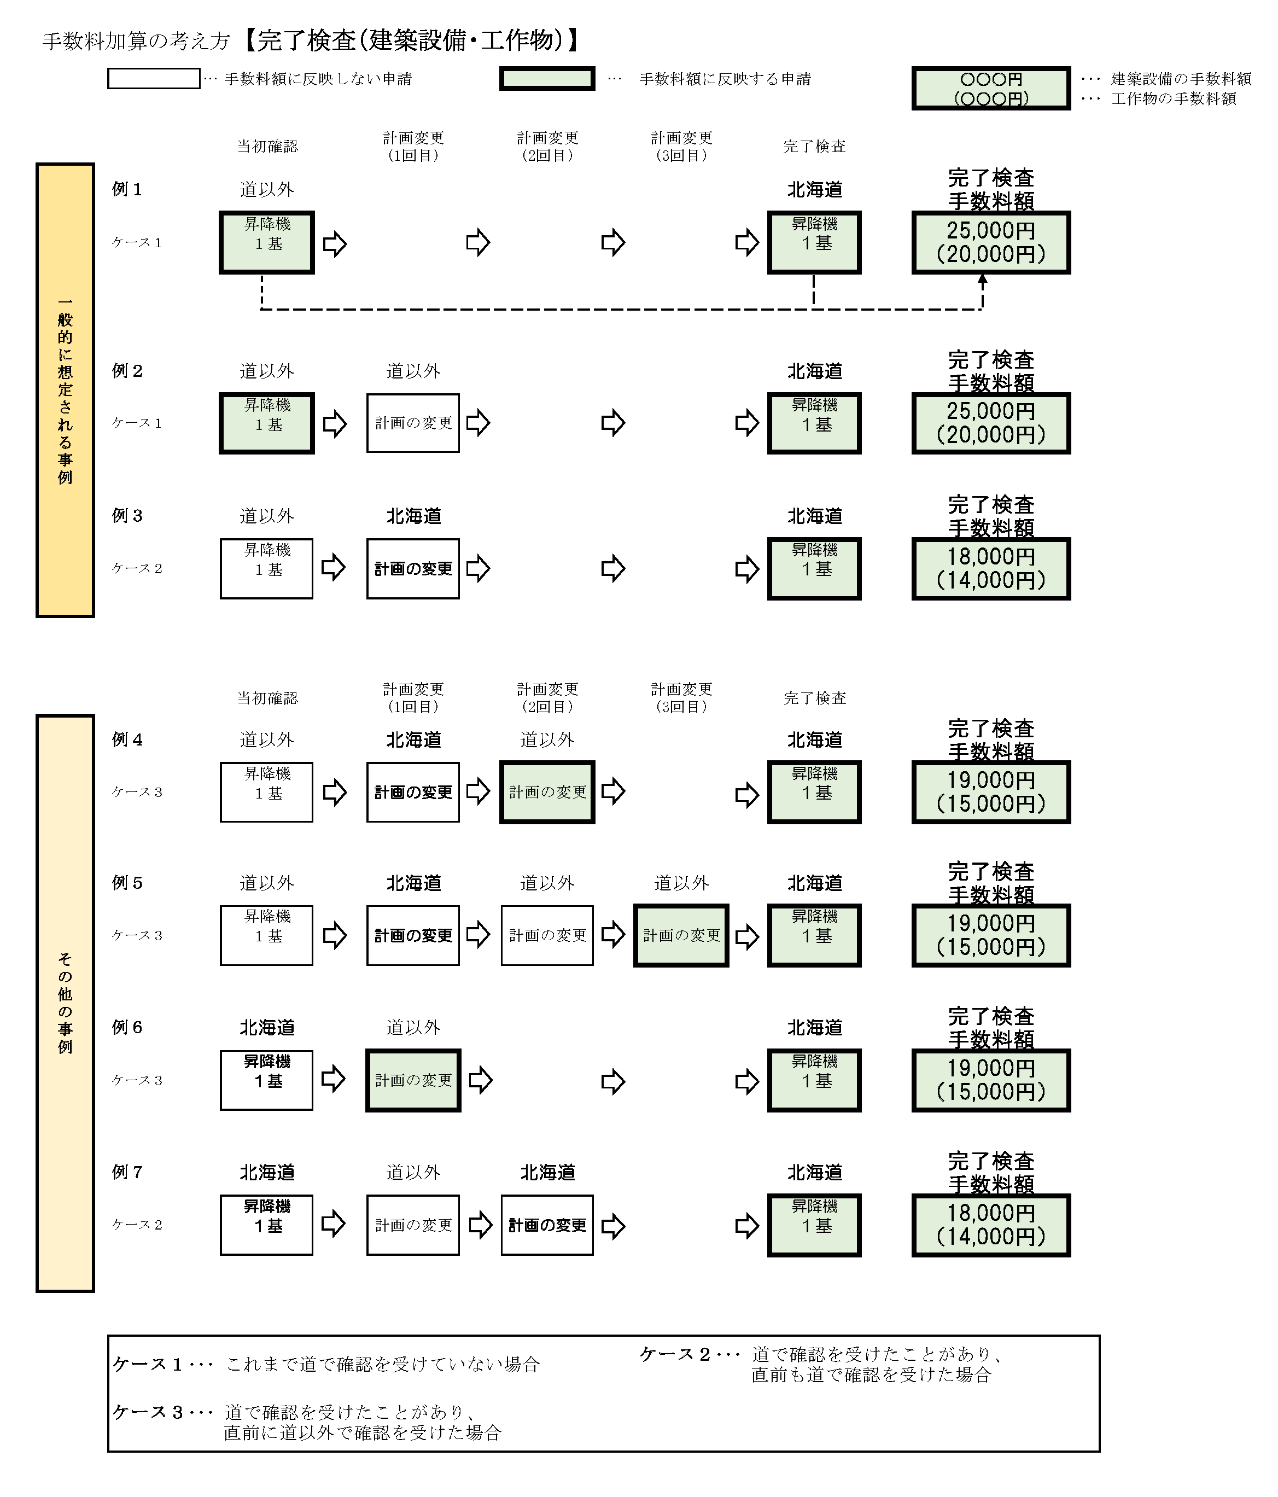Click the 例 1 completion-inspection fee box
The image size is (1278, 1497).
click(x=990, y=243)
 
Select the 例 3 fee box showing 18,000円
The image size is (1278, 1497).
click(x=990, y=569)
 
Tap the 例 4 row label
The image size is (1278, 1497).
click(x=127, y=740)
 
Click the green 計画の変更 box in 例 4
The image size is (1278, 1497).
click(x=547, y=793)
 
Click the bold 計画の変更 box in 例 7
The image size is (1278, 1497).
click(x=547, y=1225)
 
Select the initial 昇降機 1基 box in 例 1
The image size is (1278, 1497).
click(x=266, y=243)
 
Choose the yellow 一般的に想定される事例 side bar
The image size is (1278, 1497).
click(x=65, y=390)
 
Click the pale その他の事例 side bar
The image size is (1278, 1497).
click(x=65, y=1003)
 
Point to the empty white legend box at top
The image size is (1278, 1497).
click(x=154, y=79)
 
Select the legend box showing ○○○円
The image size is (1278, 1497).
click(x=990, y=88)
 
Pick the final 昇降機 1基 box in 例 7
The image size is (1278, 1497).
click(x=814, y=1225)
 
